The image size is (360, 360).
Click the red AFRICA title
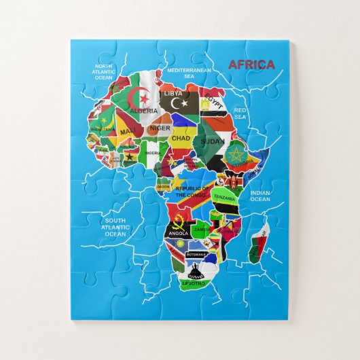click(252, 65)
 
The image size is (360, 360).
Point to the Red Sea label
click(240, 113)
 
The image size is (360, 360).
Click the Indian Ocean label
click(260, 196)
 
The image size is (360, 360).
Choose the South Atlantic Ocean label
click(115, 227)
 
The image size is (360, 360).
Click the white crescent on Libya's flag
click(180, 103)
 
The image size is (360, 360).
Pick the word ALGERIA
click(143, 110)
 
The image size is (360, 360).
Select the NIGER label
click(160, 127)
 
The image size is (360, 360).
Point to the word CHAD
click(181, 139)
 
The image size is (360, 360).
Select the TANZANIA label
click(224, 199)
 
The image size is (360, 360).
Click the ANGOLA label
click(177, 233)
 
